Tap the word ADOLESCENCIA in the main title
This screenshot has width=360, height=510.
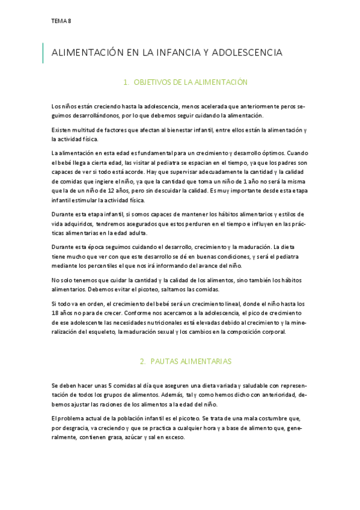tap(246, 53)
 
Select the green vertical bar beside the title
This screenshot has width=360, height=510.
tap(43, 53)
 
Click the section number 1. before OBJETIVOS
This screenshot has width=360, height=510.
tap(143, 82)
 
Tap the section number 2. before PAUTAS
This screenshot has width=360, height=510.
tap(143, 361)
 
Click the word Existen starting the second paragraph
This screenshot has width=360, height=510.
tap(63, 131)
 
